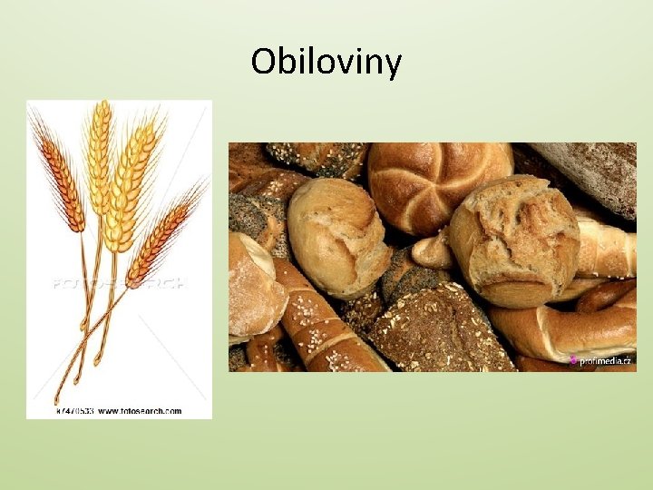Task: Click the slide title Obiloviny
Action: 326,62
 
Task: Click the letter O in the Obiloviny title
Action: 264,62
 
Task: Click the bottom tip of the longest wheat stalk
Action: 56,400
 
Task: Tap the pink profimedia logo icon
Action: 572,360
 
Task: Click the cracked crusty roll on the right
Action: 514,241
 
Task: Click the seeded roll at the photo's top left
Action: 317,158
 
